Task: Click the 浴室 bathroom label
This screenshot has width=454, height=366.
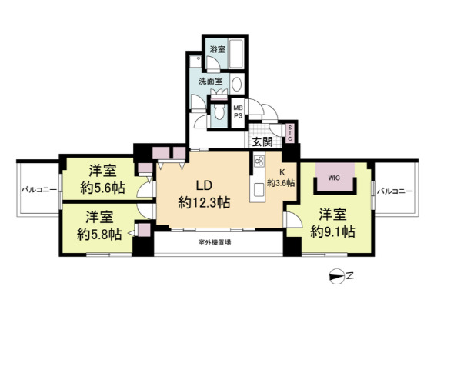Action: click(x=218, y=49)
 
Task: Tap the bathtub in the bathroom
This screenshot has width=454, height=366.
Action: click(x=235, y=54)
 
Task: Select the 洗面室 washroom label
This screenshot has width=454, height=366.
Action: click(x=211, y=82)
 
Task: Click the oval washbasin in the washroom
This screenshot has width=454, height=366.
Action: click(x=236, y=84)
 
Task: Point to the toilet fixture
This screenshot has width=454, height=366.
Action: click(x=219, y=111)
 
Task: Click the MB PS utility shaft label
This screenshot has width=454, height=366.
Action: click(x=239, y=111)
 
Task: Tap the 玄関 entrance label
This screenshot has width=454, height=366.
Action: click(x=262, y=141)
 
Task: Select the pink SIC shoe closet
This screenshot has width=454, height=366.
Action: click(x=290, y=133)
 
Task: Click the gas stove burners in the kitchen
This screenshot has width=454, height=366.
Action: click(x=259, y=161)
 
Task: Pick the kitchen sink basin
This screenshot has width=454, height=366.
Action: click(x=259, y=190)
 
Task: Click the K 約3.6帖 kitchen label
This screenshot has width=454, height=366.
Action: click(x=281, y=178)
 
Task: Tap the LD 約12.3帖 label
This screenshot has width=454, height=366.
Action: click(x=205, y=194)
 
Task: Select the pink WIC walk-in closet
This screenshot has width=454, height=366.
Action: click(x=335, y=177)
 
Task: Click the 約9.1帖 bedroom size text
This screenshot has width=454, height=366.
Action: click(x=332, y=232)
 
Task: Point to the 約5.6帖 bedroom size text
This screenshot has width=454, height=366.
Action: click(x=103, y=188)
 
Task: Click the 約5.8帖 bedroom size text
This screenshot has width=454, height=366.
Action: click(x=99, y=235)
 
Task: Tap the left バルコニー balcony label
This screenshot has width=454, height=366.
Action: click(x=39, y=190)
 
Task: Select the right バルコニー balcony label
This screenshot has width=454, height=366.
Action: click(x=396, y=191)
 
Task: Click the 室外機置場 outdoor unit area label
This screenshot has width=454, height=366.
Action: click(x=215, y=242)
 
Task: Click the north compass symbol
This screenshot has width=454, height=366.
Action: click(x=337, y=277)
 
